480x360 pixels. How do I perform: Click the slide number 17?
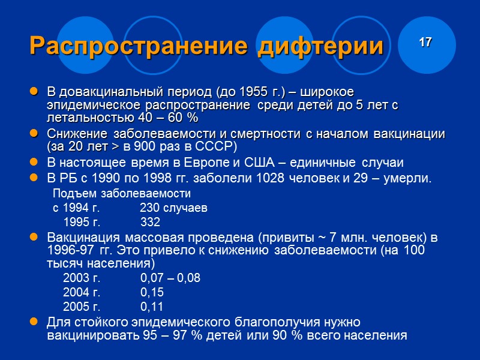click(425, 42)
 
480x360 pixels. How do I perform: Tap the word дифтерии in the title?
click(320, 47)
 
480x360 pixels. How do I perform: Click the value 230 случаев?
click(173, 209)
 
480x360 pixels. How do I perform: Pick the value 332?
click(150, 223)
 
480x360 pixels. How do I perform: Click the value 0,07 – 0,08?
click(170, 278)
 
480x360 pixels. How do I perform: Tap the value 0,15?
click(152, 292)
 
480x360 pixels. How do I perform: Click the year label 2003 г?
click(82, 278)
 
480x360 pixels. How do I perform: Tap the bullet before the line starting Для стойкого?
click(34, 323)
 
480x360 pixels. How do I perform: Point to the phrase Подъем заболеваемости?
click(122, 194)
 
